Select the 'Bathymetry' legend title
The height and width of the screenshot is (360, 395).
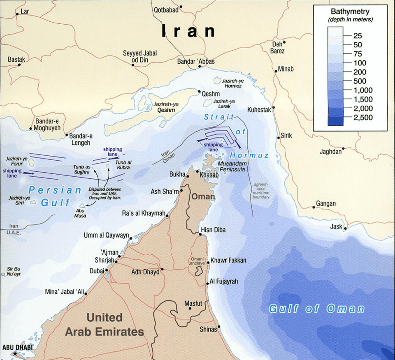pyautogui.click(x=350, y=12)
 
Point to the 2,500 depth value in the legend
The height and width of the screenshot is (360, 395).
pyautogui.click(x=362, y=118)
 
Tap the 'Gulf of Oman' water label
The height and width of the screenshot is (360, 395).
pyautogui.click(x=316, y=309)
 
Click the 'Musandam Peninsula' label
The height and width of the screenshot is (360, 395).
pyautogui.click(x=243, y=166)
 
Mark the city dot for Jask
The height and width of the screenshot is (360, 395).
pyautogui.click(x=346, y=228)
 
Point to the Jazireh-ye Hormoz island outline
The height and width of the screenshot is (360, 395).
pyautogui.click(x=218, y=81)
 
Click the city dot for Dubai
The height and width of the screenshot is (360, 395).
pyautogui.click(x=107, y=270)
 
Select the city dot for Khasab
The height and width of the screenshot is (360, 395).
pyautogui.click(x=198, y=172)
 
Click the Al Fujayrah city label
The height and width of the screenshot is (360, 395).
pyautogui.click(x=224, y=282)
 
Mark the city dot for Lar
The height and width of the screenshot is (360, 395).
pyautogui.click(x=17, y=14)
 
